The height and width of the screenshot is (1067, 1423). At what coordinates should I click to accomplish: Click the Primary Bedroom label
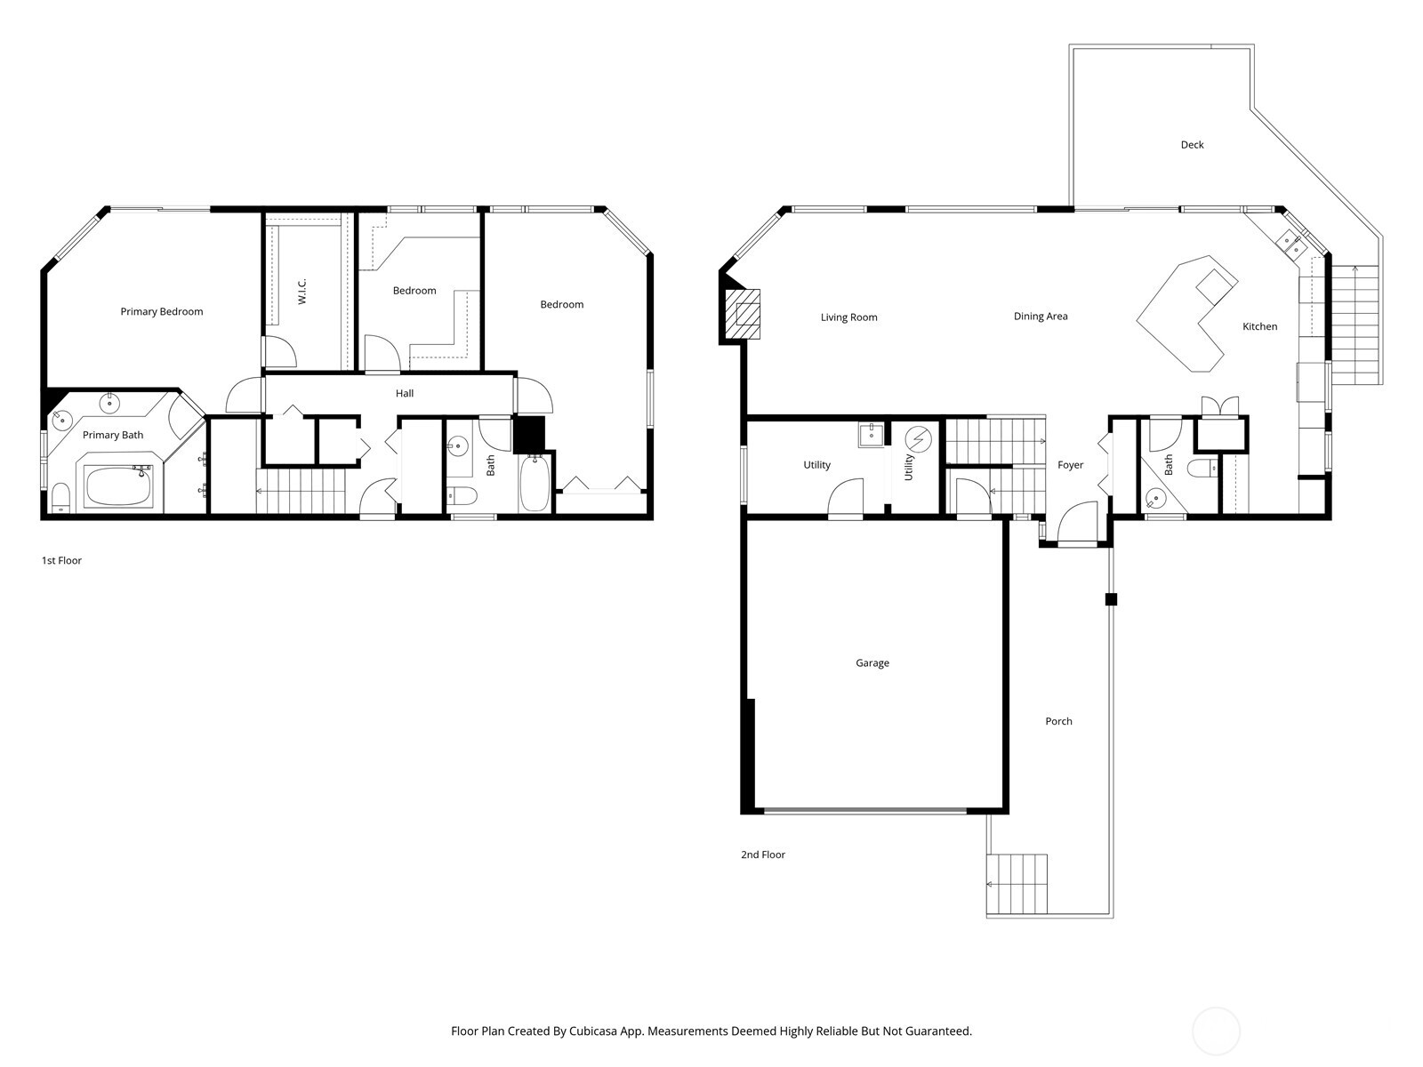[162, 311]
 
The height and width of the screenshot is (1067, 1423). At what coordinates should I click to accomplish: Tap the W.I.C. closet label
[302, 292]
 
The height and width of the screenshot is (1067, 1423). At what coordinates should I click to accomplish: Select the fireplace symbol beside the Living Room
[743, 314]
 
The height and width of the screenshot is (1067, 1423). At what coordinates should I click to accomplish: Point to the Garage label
[872, 663]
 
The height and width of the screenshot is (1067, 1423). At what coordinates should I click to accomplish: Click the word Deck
[1192, 145]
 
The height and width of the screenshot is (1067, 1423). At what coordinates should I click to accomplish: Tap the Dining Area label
[1041, 317]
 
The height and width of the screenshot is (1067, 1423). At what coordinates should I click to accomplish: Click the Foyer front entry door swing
[1079, 523]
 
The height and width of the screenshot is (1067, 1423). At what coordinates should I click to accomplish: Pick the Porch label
[1058, 721]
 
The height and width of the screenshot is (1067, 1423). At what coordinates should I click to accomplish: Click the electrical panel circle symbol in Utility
[918, 439]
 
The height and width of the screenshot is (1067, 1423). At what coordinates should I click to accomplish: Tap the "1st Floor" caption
[61, 561]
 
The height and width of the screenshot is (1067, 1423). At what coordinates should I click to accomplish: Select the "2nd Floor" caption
[763, 854]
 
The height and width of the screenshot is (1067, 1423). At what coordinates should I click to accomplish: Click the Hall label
[405, 393]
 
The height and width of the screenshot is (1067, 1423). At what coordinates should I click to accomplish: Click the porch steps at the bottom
[1017, 884]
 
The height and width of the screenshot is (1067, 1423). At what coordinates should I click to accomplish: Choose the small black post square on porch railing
[1111, 599]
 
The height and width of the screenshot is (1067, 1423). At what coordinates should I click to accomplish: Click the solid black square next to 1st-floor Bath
[528, 434]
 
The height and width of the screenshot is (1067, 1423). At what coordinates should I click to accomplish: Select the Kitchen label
[1259, 326]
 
